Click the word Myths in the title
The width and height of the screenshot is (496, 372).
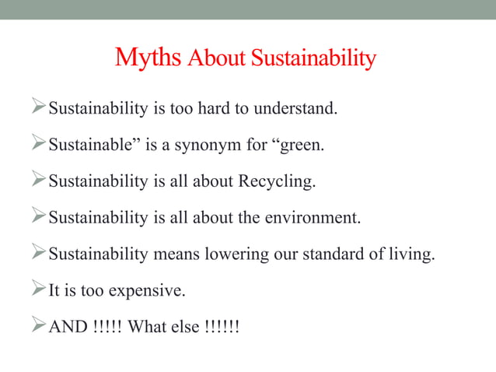(148, 58)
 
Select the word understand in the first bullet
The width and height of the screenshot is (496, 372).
(298, 108)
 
